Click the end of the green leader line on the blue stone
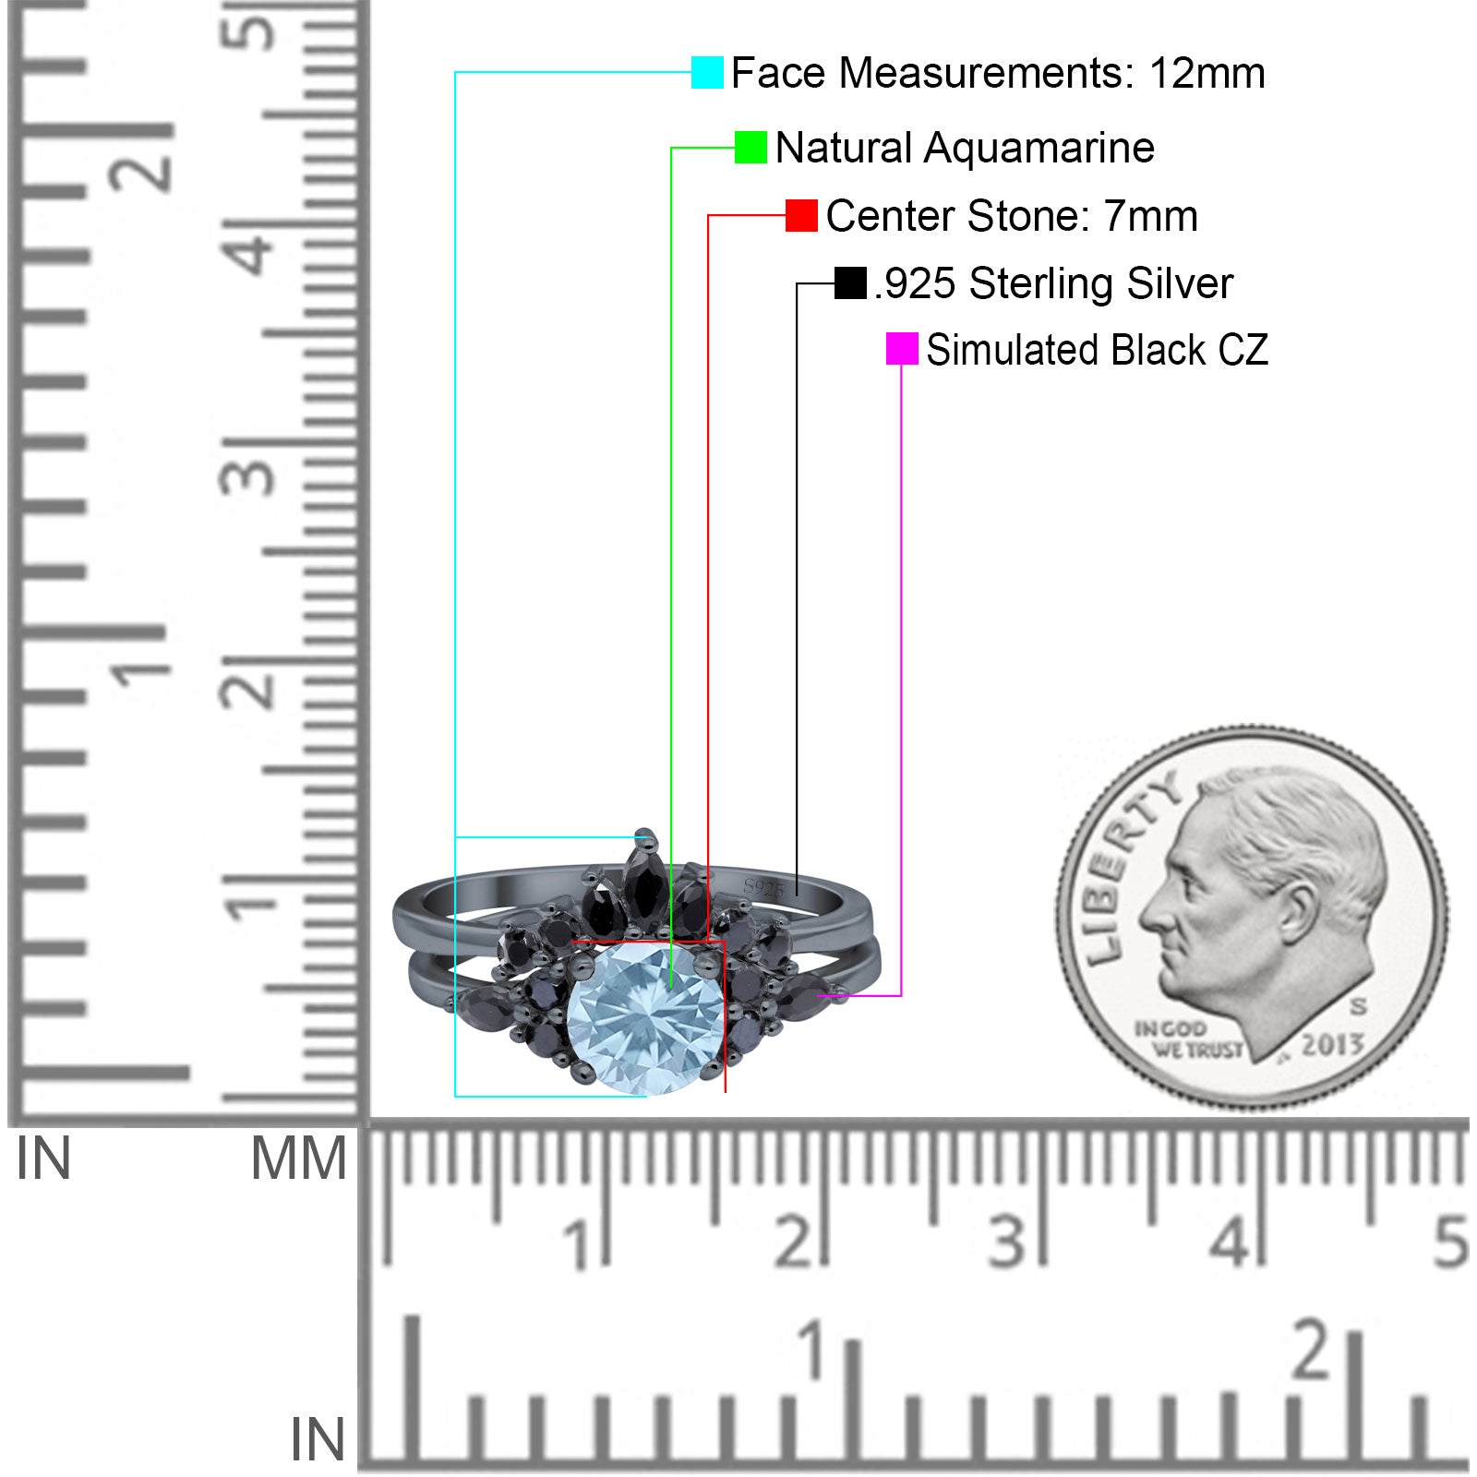[x=671, y=989]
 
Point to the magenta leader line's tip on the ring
[x=818, y=996]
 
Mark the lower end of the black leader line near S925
[x=797, y=895]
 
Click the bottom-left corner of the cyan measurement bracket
[x=455, y=1096]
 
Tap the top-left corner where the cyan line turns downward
[x=455, y=72]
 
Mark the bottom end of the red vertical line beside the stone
[x=726, y=1092]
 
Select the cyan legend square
[x=707, y=72]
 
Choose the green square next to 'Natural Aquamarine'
[x=751, y=147]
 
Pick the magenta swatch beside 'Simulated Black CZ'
[x=902, y=349]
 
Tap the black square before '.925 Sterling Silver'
[x=850, y=282]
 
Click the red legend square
[x=801, y=215]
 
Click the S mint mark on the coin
[x=1358, y=1005]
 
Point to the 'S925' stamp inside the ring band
[x=763, y=888]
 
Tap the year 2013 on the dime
[x=1332, y=1045]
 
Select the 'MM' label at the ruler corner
[x=299, y=1159]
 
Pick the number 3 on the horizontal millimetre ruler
[x=1006, y=1241]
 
